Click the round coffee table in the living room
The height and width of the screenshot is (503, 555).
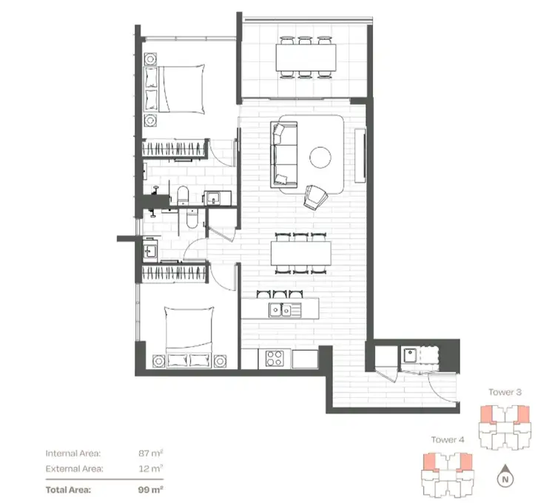[x=321, y=158]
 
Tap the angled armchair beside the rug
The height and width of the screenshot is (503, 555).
[x=316, y=196]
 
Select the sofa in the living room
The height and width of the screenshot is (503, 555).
[x=282, y=155]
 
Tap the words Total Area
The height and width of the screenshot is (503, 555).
[x=70, y=489]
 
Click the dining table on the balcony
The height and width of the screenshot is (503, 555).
[x=303, y=55]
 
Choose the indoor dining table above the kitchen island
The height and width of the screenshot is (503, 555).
[x=300, y=254]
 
